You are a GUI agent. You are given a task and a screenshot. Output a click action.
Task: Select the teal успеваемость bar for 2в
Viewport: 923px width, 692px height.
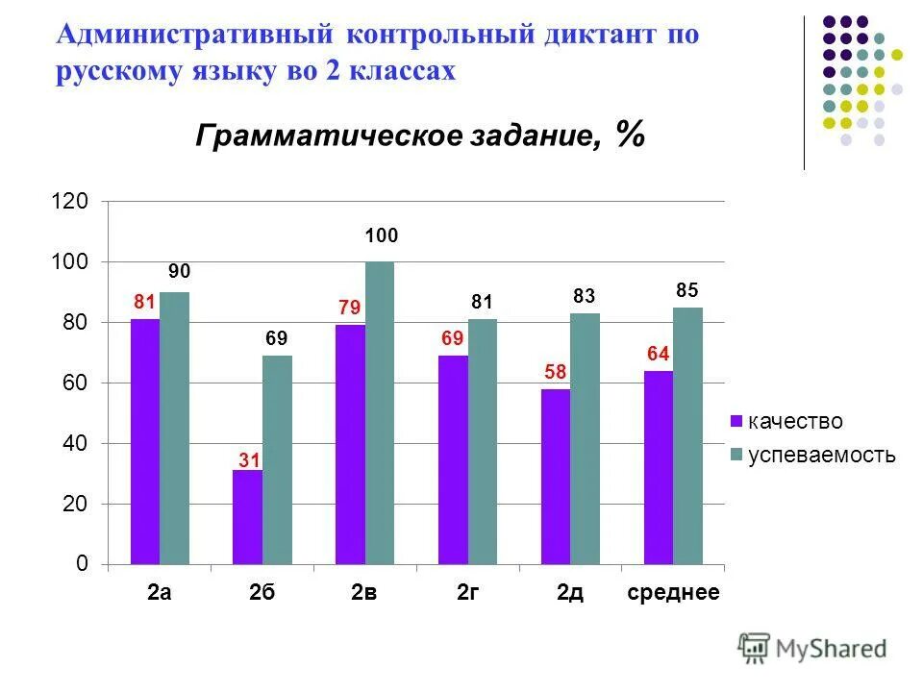click(380, 413)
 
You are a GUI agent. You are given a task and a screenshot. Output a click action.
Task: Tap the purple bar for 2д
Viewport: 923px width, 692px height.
click(555, 477)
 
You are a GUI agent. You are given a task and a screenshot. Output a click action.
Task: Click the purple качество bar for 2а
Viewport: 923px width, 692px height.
click(145, 441)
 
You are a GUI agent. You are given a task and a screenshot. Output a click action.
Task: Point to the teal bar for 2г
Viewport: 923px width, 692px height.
click(483, 441)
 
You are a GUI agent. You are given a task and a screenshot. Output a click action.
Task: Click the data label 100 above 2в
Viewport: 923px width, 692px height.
click(381, 236)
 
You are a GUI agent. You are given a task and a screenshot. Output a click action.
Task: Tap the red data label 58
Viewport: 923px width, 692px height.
click(556, 372)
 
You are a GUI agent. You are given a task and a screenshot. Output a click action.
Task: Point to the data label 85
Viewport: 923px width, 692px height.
click(686, 289)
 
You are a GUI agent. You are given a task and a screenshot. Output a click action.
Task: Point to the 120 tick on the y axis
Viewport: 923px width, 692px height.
click(74, 202)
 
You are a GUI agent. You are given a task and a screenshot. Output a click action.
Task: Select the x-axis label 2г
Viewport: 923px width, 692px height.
click(467, 593)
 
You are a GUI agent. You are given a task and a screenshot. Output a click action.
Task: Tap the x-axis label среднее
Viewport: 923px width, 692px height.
click(673, 593)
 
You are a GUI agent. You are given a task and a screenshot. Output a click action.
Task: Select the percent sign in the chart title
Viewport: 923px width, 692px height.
click(631, 135)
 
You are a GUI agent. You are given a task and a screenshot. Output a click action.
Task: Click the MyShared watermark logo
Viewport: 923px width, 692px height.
click(812, 649)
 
